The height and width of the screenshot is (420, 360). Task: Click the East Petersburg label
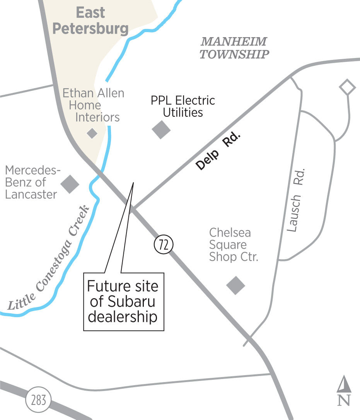click(x=90, y=21)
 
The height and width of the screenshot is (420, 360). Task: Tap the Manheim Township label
click(x=234, y=48)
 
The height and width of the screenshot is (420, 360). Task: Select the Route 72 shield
click(x=164, y=245)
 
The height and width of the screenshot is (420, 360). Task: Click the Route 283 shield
click(x=38, y=400)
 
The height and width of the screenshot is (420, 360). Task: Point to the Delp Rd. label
click(x=218, y=152)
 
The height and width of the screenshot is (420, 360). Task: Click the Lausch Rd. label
click(x=297, y=200)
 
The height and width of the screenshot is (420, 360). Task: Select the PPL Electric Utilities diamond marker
click(x=161, y=130)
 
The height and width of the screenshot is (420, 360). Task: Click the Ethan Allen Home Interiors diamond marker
click(x=92, y=133)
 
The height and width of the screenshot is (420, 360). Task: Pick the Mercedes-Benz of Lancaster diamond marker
click(x=70, y=184)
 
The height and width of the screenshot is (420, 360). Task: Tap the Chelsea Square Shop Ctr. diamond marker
click(x=235, y=285)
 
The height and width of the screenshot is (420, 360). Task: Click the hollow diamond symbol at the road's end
click(x=347, y=87)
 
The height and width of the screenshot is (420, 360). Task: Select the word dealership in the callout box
click(x=123, y=317)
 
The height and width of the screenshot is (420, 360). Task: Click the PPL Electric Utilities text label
click(x=183, y=106)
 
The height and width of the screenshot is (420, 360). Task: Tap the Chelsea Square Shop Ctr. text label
click(x=233, y=245)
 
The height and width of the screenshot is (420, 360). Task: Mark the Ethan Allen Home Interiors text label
click(x=94, y=105)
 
